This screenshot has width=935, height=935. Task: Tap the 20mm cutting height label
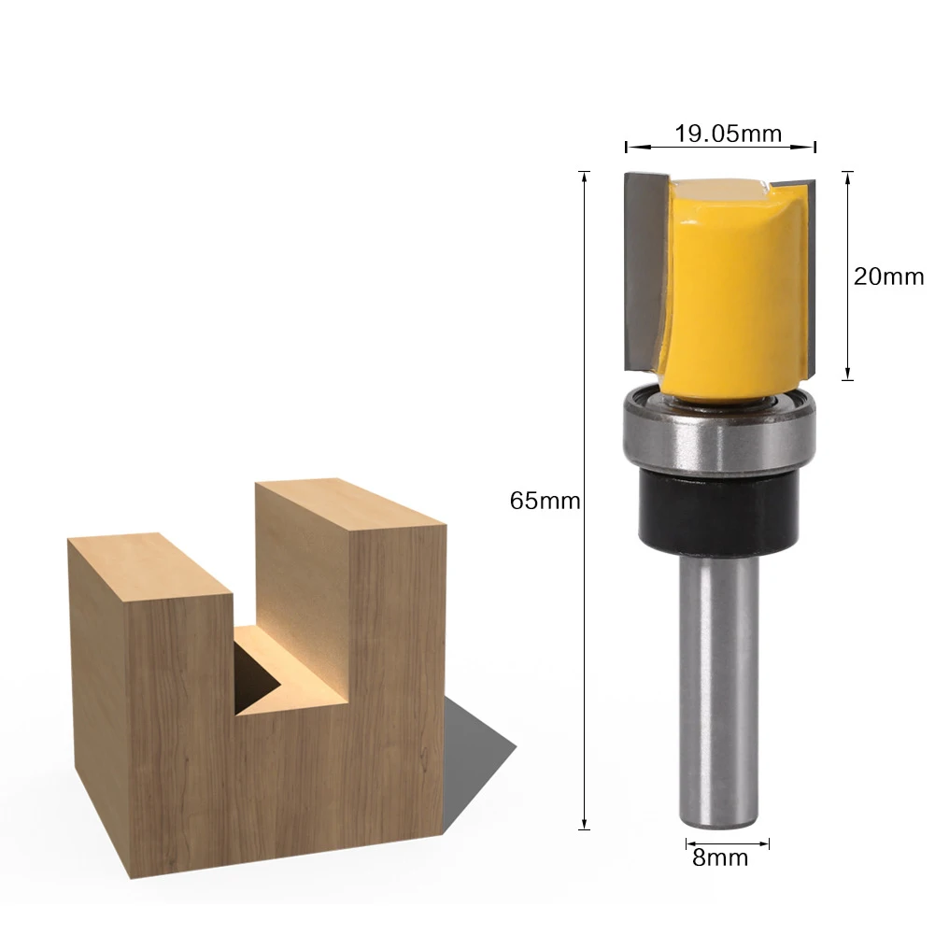pyautogui.click(x=888, y=276)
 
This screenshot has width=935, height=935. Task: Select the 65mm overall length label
pyautogui.click(x=545, y=501)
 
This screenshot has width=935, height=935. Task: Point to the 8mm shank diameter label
pyautogui.click(x=720, y=858)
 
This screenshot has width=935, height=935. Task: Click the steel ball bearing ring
pyautogui.click(x=720, y=431)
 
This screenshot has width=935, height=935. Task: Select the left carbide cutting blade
pyautogui.click(x=645, y=272)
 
